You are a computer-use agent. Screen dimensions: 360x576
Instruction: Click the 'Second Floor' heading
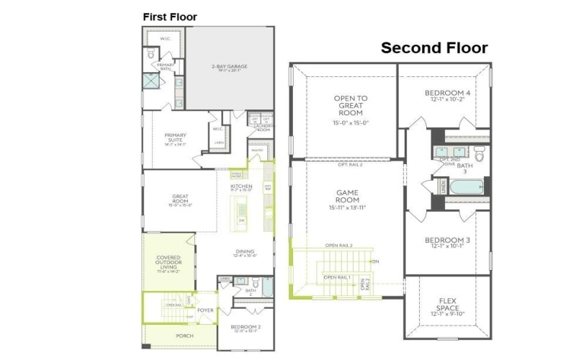[434, 48]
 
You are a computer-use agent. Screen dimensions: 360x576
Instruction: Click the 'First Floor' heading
[170, 17]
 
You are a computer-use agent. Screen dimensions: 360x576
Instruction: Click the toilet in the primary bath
[151, 54]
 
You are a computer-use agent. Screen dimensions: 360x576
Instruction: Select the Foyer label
[205, 311]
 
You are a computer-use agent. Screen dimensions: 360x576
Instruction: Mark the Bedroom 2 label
[245, 328]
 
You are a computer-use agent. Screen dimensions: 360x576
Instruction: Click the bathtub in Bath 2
[266, 289]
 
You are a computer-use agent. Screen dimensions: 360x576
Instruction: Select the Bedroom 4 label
[447, 94]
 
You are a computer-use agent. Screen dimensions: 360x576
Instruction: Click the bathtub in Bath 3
[464, 187]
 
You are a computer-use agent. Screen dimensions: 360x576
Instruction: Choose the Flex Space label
[447, 307]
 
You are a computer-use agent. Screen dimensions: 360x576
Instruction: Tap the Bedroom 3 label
[447, 242]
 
